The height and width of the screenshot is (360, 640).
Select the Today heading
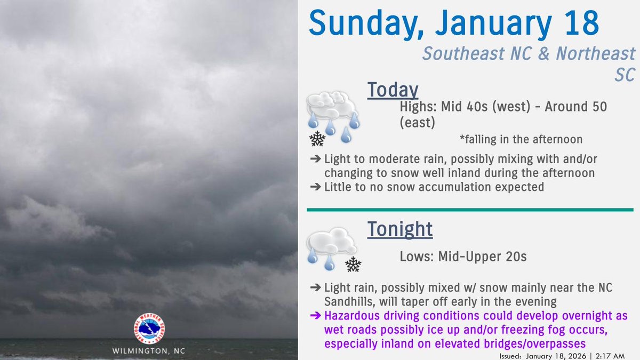pos(392,90)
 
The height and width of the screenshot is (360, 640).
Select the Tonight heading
pos(399,229)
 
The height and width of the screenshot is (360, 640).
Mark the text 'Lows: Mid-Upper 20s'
pos(463,257)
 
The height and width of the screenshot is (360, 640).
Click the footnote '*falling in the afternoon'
pos(521,140)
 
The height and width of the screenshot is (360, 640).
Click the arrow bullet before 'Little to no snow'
pos(316,187)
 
